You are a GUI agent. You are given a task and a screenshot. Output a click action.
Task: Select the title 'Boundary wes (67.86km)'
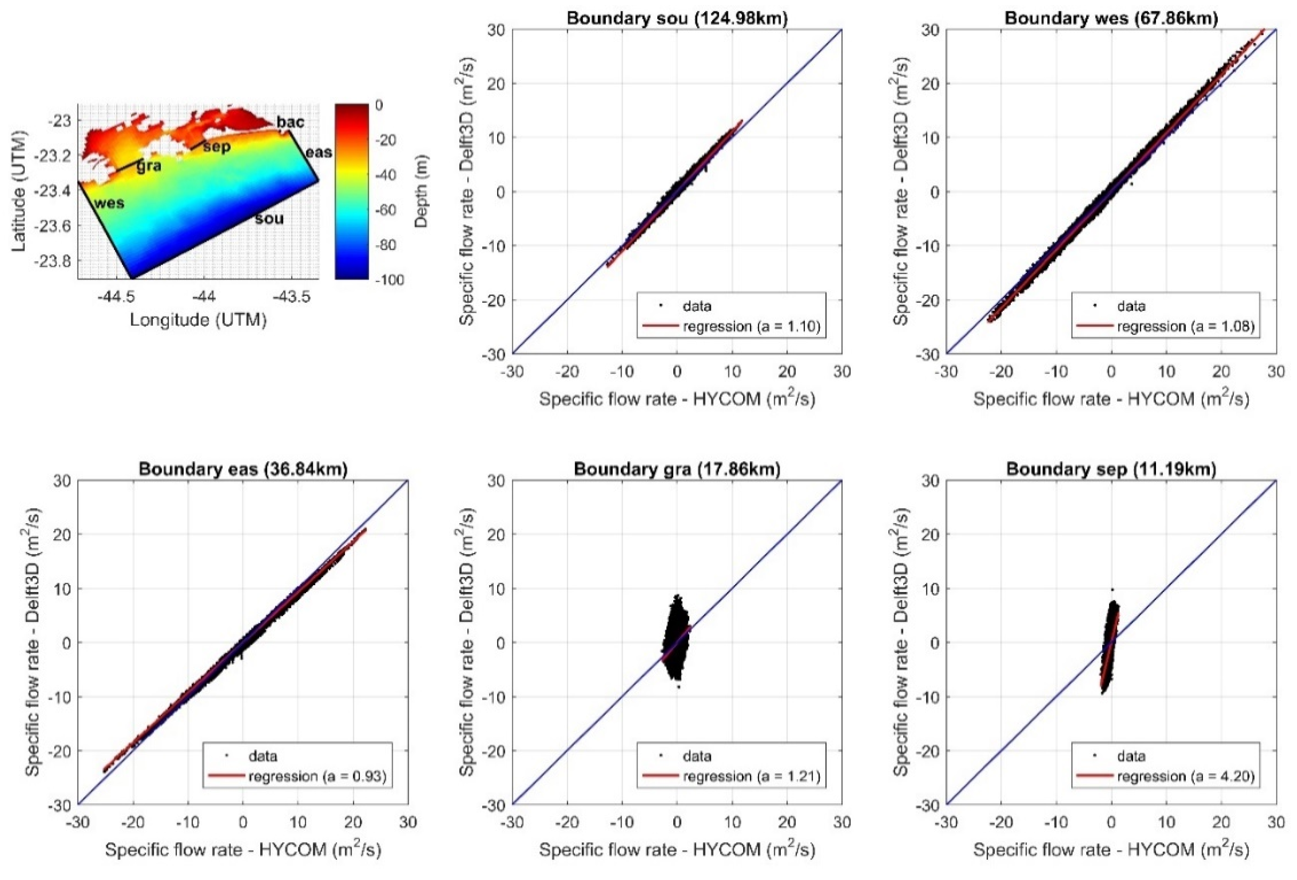pos(1111,18)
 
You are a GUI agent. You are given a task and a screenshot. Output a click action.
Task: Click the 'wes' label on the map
pos(109,203)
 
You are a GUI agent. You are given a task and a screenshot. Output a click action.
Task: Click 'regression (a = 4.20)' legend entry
pos(1185,776)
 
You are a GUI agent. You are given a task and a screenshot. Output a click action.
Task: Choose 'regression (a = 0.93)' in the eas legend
pos(317,776)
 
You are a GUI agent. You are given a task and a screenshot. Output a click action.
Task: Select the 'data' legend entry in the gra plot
pos(697,756)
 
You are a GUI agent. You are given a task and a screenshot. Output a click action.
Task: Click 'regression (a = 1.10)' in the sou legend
pos(751,326)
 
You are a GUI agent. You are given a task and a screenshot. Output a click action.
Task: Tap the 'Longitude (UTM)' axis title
pos(198,320)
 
